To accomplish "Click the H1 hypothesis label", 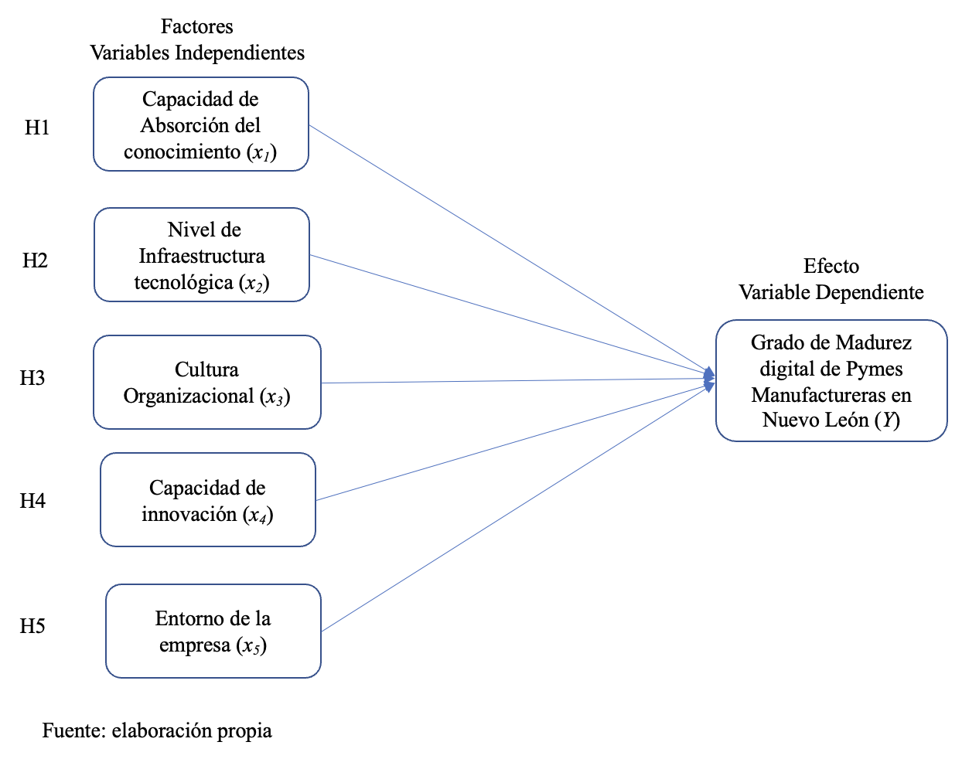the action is [36, 128].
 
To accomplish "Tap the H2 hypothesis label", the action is [35, 260].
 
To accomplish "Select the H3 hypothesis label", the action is [32, 378].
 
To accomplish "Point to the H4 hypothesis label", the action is [32, 501].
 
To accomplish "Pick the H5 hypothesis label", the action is [32, 626].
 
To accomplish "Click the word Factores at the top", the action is [196, 26].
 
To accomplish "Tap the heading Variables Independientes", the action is [197, 53].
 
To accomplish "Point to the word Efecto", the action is [831, 266].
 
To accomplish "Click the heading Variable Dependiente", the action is [831, 292].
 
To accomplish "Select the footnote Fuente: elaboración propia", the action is [157, 731].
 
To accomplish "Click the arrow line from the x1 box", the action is [510, 250].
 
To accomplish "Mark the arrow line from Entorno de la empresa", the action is [517, 509].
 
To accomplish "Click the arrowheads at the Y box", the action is [709, 379].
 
